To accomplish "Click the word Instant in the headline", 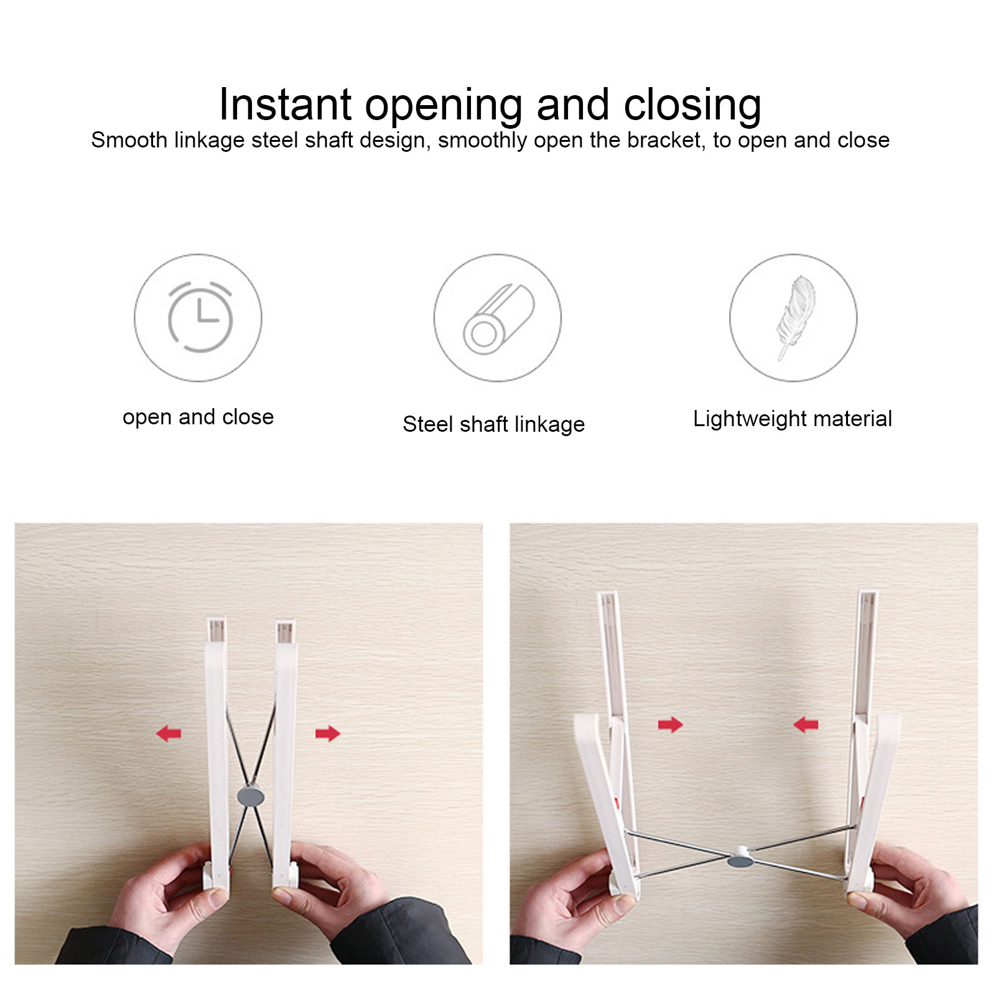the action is point(286,104).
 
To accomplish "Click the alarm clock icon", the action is point(200,317).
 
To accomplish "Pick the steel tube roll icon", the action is point(498,319).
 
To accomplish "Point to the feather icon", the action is point(795,317).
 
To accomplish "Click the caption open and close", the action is point(198,417).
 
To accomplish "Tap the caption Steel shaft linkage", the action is point(494,424).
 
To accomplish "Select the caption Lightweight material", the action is point(793,419).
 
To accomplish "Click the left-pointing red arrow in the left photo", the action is point(169,733).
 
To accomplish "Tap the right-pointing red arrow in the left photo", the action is point(328,734).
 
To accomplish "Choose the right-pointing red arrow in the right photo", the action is point(671,725).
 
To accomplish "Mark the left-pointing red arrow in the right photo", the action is point(806,725).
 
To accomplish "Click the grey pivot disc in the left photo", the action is point(251,796).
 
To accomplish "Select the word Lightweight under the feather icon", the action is point(750,419).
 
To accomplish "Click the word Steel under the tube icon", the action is point(427,424).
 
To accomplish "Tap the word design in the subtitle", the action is point(395,141).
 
